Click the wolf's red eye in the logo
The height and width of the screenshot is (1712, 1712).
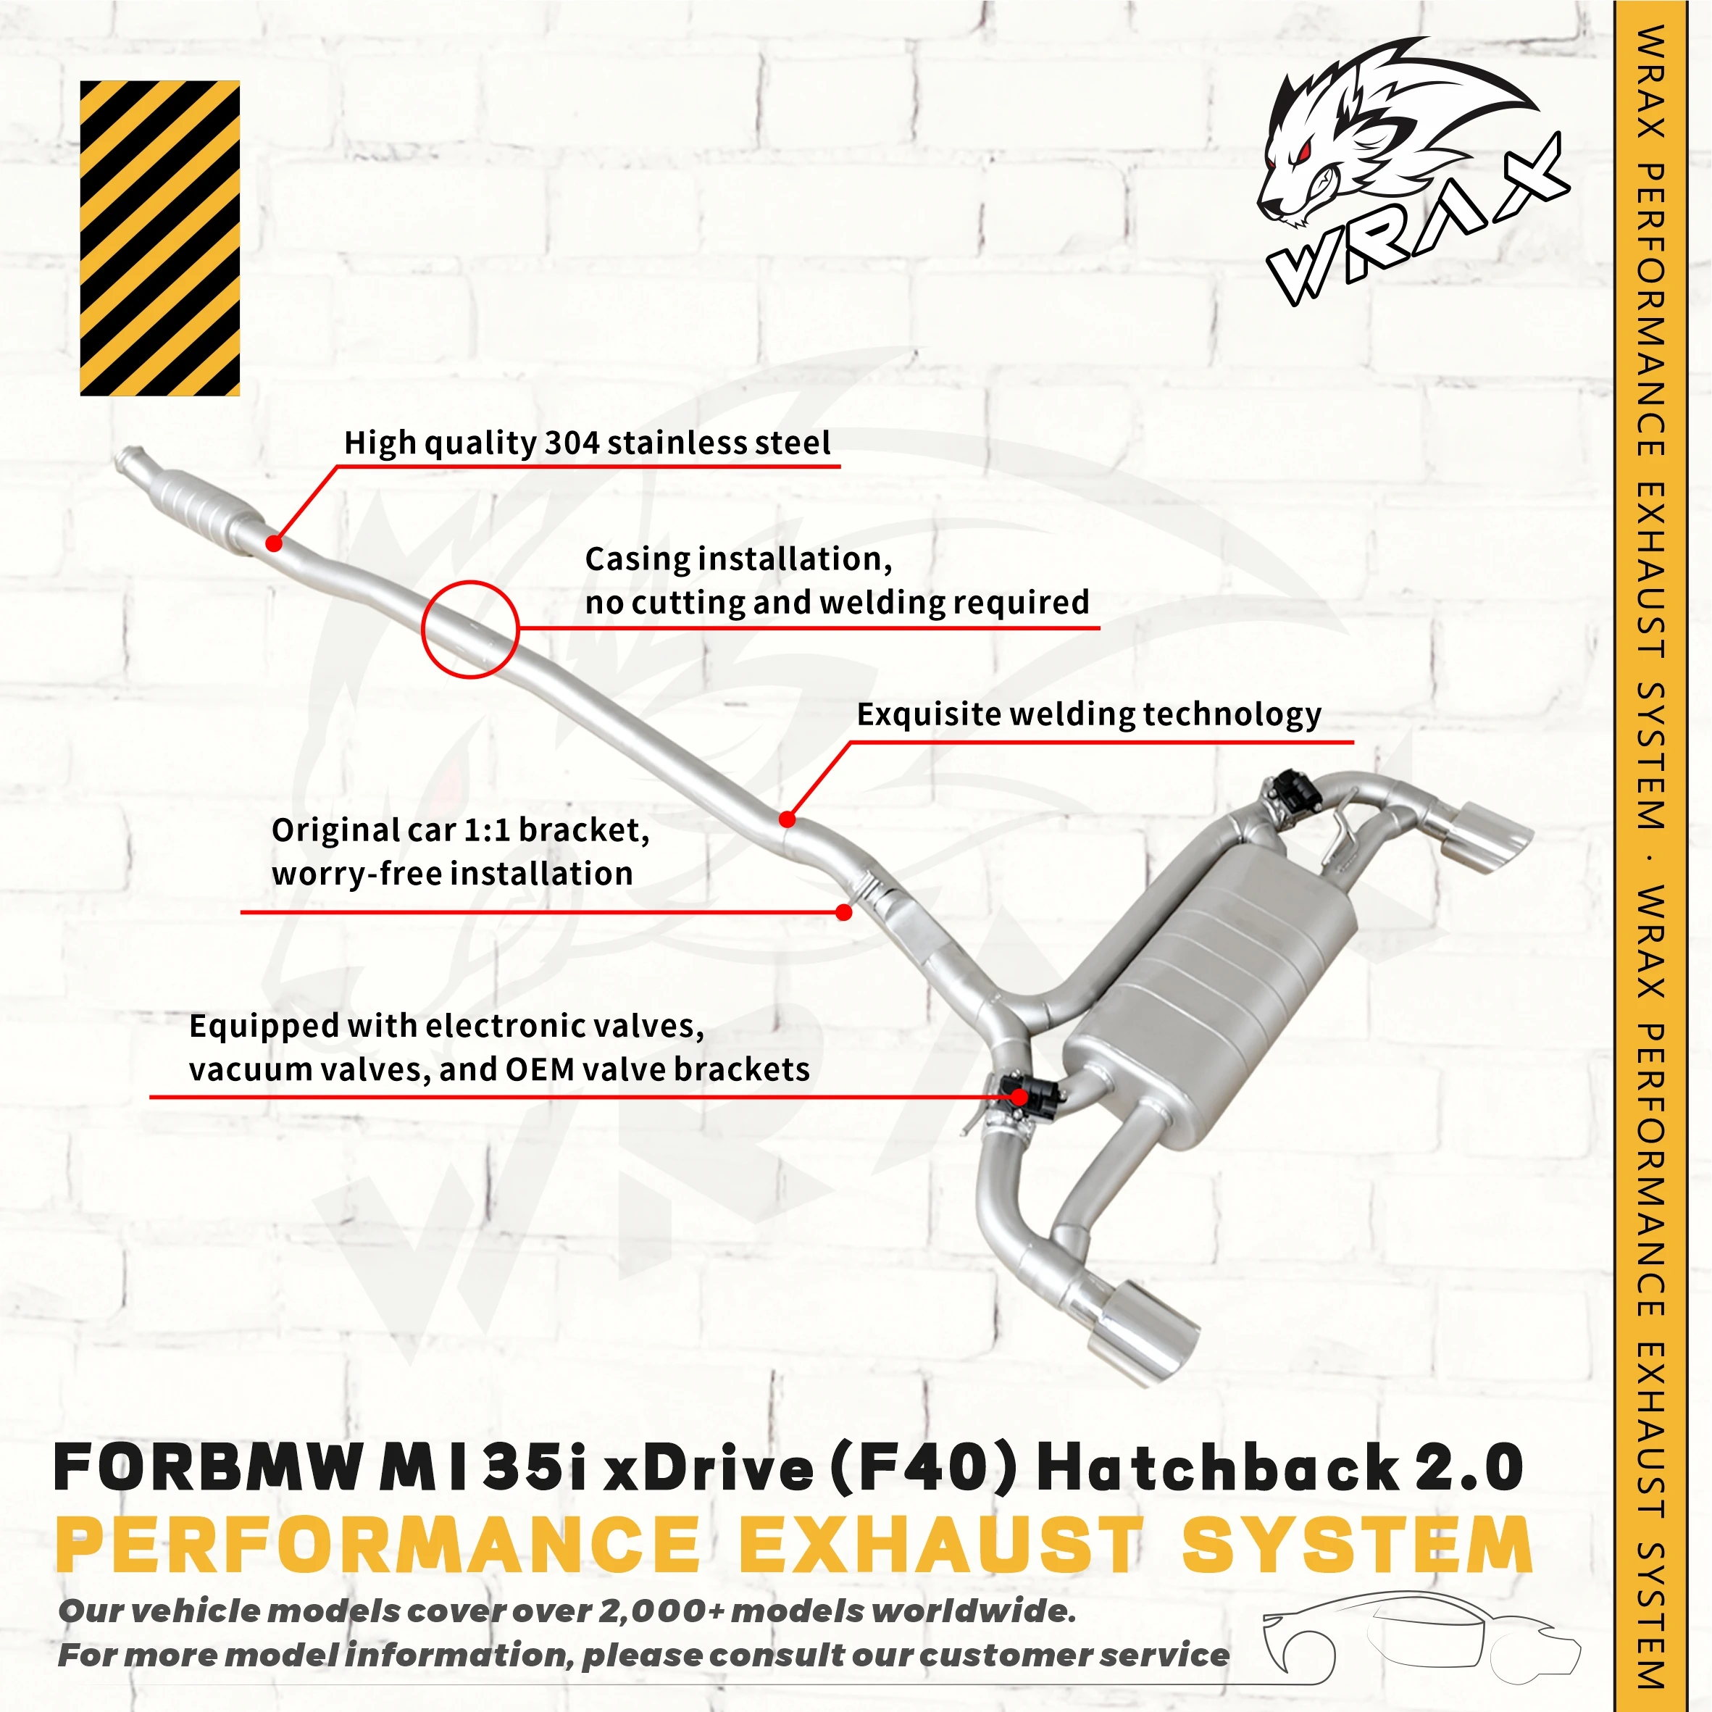click(x=1300, y=152)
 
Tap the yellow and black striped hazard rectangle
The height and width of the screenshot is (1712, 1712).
click(x=159, y=238)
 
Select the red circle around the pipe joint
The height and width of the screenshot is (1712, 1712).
click(x=469, y=629)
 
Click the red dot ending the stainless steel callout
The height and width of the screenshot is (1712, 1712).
click(x=274, y=543)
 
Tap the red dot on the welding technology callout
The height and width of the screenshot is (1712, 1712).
click(x=786, y=819)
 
